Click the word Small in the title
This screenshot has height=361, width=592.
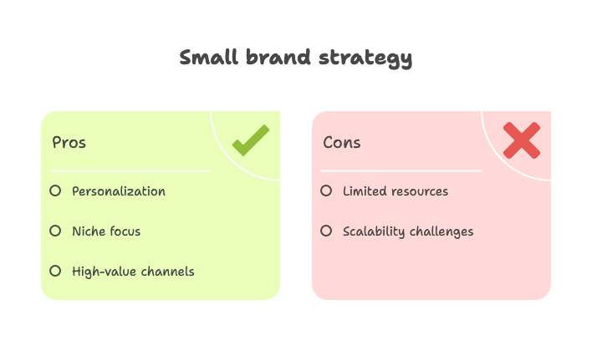click(209, 58)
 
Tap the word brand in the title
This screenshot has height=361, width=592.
click(278, 58)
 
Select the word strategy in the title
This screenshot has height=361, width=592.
click(365, 58)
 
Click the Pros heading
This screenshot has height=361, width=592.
click(69, 143)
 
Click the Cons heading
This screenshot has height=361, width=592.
click(342, 143)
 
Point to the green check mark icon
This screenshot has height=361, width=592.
click(251, 140)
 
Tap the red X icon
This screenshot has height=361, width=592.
click(522, 140)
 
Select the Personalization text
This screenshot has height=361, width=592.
click(119, 191)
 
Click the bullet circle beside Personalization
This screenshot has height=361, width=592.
click(55, 191)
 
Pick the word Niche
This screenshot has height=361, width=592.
click(88, 231)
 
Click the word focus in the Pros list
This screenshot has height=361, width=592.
click(125, 231)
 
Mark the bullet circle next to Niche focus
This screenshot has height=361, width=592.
click(55, 231)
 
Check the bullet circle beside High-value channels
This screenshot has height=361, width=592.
click(55, 271)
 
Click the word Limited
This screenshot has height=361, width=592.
click(365, 191)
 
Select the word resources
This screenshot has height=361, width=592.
click(420, 191)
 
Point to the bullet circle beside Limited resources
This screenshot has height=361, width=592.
click(326, 191)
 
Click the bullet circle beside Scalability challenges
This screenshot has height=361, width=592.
click(326, 231)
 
